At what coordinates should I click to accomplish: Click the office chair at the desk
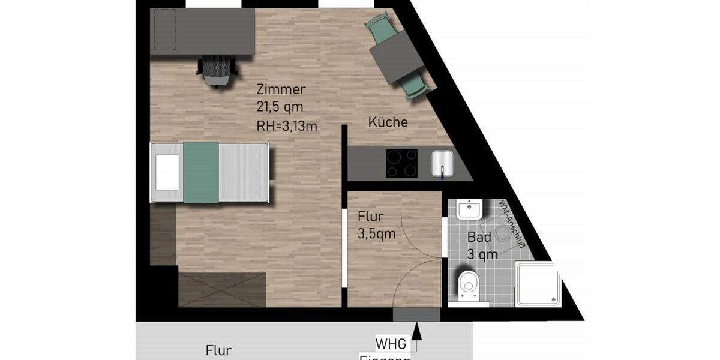tap(215, 71)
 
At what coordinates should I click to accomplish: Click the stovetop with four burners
tap(401, 163)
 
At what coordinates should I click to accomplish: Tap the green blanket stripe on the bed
tap(200, 172)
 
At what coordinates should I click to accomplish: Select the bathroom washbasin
tap(469, 210)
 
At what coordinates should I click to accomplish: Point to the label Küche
tap(388, 122)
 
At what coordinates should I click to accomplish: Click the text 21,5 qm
tap(280, 107)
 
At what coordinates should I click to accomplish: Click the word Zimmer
tap(281, 90)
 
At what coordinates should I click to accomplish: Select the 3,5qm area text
tap(377, 234)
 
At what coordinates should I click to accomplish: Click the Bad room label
tap(479, 237)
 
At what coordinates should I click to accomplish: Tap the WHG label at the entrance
tap(391, 344)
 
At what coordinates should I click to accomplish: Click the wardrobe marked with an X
tap(221, 290)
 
